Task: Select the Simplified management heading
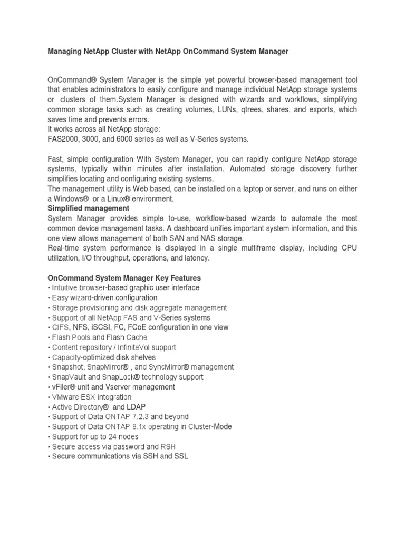[88, 208]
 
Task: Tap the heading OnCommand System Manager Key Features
[124, 278]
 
